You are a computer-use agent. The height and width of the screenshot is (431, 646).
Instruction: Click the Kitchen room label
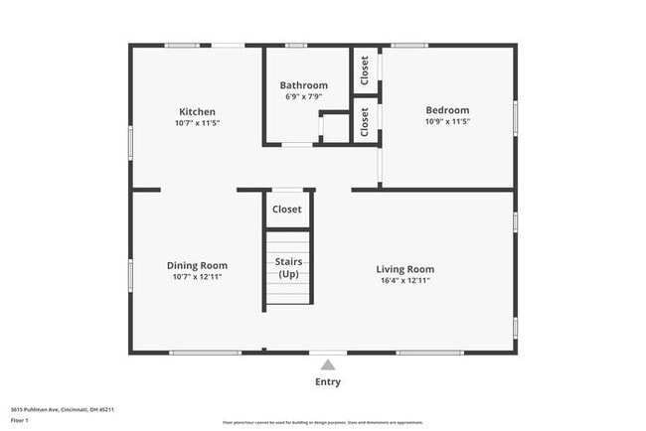click(197, 111)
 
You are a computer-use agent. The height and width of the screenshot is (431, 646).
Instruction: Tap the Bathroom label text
click(303, 85)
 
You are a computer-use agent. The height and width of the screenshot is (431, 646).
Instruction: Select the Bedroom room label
click(447, 110)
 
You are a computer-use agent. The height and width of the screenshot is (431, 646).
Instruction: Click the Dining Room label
click(197, 265)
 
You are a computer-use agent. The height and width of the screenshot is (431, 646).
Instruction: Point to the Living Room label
click(404, 269)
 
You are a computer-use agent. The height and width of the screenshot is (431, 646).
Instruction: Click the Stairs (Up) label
click(288, 267)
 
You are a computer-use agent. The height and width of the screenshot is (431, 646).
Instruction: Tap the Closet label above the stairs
click(287, 210)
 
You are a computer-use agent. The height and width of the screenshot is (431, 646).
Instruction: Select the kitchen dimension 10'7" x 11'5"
click(197, 122)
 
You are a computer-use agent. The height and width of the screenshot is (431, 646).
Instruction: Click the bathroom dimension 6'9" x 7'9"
click(303, 96)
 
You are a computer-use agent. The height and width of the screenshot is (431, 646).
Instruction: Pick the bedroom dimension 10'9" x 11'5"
click(447, 121)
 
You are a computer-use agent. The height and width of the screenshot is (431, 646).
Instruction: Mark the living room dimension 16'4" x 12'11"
click(404, 280)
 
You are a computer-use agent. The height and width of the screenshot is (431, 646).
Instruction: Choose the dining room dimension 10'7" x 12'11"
click(197, 276)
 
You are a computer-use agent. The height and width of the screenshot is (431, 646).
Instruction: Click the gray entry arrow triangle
click(328, 364)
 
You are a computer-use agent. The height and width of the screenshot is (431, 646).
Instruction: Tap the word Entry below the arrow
click(328, 382)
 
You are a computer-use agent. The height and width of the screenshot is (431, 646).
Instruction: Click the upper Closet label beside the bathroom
click(365, 70)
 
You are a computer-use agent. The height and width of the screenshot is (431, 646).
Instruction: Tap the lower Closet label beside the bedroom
click(365, 121)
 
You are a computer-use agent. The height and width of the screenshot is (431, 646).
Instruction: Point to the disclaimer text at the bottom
click(323, 422)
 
